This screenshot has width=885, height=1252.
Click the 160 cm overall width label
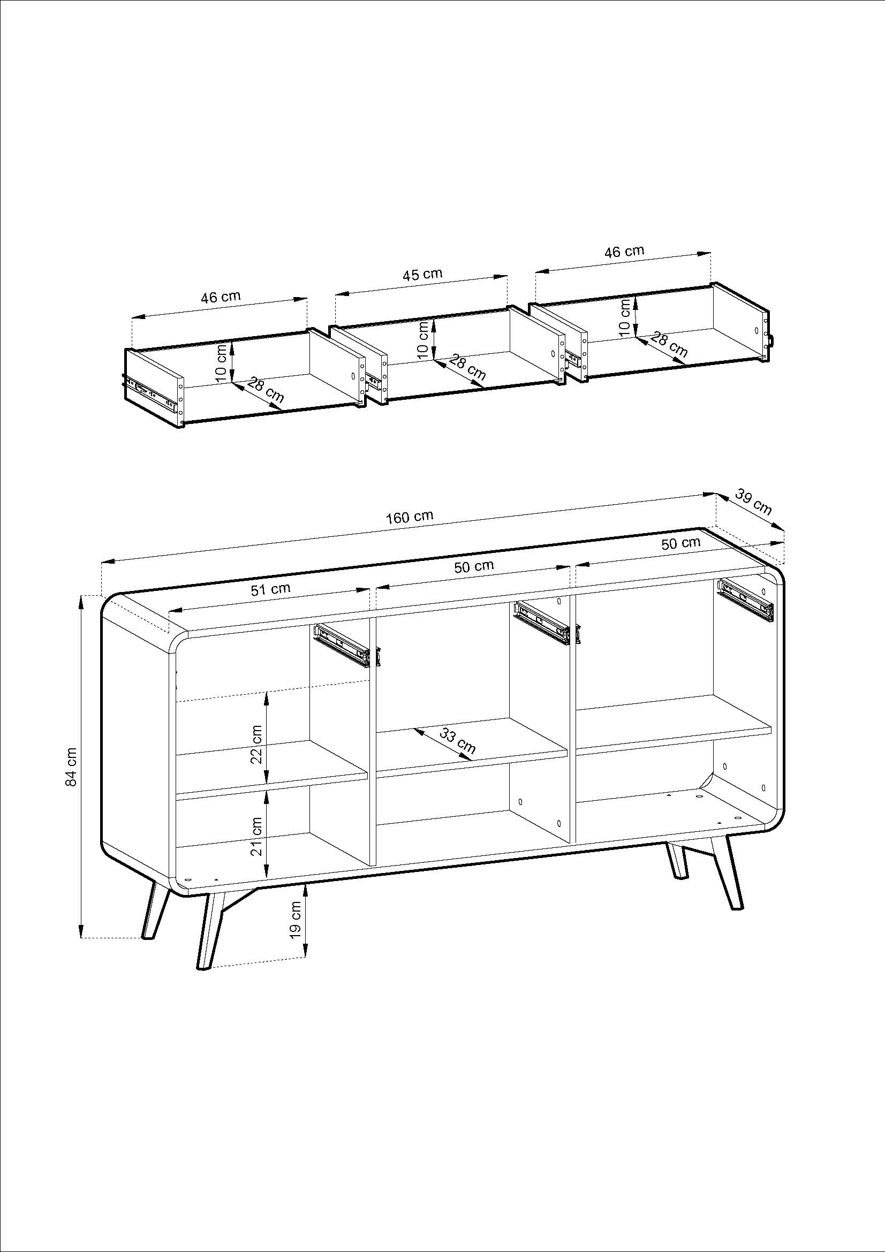(x=410, y=517)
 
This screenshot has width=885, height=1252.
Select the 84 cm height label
(x=71, y=766)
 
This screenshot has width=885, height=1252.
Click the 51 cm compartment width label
(x=270, y=589)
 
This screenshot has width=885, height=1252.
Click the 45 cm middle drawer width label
(x=422, y=274)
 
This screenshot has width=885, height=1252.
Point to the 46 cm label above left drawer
(x=220, y=297)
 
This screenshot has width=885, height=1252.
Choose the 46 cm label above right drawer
(x=624, y=252)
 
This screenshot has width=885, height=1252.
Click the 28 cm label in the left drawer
(x=266, y=390)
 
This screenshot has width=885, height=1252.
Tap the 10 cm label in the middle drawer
(x=423, y=341)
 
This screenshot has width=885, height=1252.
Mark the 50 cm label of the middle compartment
(x=474, y=566)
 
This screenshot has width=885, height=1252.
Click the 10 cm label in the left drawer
(x=221, y=363)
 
